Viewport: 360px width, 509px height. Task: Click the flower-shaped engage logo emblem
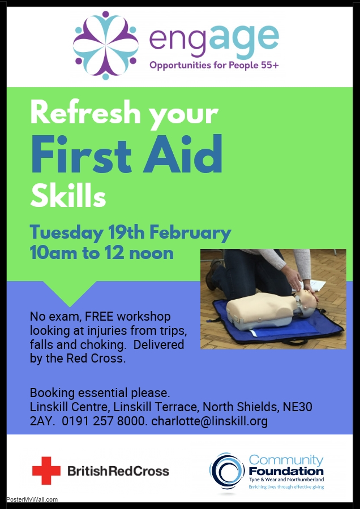(106, 45)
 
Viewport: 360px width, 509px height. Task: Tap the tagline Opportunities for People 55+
(214, 65)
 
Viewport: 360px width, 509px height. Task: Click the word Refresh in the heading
(84, 113)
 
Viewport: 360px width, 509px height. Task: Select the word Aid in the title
(183, 154)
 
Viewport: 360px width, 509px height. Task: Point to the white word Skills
(68, 196)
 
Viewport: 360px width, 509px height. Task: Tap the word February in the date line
(190, 233)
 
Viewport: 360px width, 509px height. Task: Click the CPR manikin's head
(305, 301)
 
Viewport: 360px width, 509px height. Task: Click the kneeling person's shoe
(213, 274)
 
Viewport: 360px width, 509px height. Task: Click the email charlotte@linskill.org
(209, 421)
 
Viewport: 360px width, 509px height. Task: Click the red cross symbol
(46, 471)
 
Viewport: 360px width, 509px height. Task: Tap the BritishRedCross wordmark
(118, 471)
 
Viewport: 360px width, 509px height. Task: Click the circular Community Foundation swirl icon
(227, 471)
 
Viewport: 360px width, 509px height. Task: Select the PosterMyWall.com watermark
(32, 499)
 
